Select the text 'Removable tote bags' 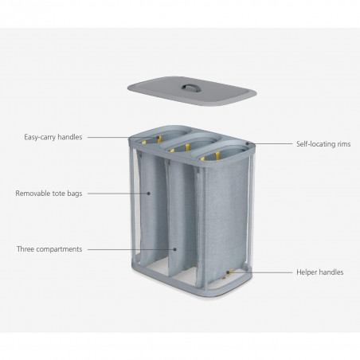pyautogui.click(x=49, y=193)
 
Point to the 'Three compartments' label pyautogui.click(x=49, y=249)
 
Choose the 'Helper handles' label pyautogui.click(x=319, y=272)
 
